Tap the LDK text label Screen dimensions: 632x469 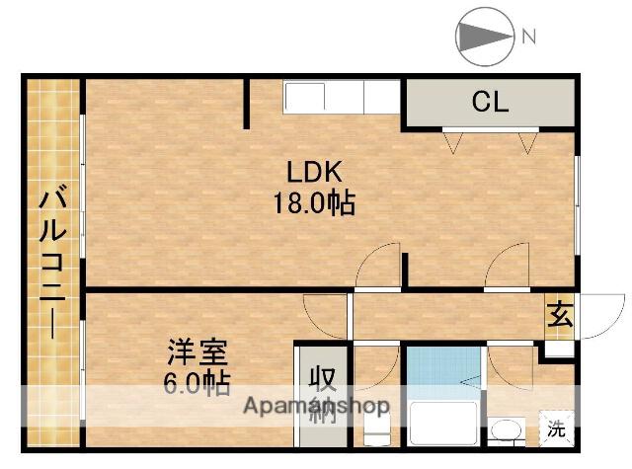314,171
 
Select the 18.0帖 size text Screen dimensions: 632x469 314,202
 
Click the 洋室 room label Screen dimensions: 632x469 197,352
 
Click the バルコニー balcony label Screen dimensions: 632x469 52,262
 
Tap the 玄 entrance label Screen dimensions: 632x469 560,316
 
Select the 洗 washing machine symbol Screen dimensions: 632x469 556,429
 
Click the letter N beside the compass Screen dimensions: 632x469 529,37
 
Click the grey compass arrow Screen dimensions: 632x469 485,37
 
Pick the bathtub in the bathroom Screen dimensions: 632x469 443,423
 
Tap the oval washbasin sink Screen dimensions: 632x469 504,430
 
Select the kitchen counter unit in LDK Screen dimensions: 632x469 342,97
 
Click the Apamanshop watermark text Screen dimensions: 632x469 316,405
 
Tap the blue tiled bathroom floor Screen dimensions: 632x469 443,371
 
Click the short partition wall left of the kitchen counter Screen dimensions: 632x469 247,104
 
